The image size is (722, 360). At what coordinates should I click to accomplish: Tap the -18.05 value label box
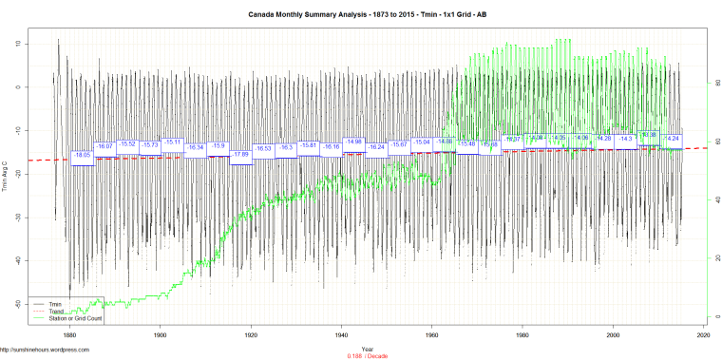click(x=82, y=155)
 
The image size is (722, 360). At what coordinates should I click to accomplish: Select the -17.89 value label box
click(x=240, y=153)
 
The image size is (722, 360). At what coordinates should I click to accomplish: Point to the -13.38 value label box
click(x=649, y=135)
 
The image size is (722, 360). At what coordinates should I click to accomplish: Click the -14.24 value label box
click(x=672, y=139)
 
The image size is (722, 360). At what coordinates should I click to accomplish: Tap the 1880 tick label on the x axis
click(x=69, y=336)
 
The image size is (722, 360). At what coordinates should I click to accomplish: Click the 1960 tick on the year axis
click(x=432, y=336)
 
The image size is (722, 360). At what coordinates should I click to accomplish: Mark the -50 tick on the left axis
click(x=19, y=304)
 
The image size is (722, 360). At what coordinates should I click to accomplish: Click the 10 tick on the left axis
click(x=19, y=44)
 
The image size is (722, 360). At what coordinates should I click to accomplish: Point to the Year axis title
click(x=367, y=349)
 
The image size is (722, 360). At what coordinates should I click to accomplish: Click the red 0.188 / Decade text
click(x=367, y=355)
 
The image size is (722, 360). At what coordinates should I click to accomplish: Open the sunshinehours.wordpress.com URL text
click(x=45, y=349)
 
